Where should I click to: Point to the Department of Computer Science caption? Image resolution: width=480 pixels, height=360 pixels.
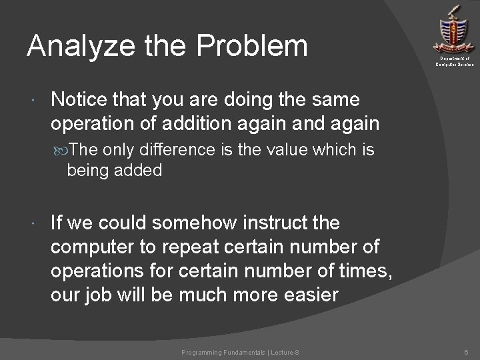click(455, 62)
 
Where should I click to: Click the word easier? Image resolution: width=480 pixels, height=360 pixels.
click(307, 294)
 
